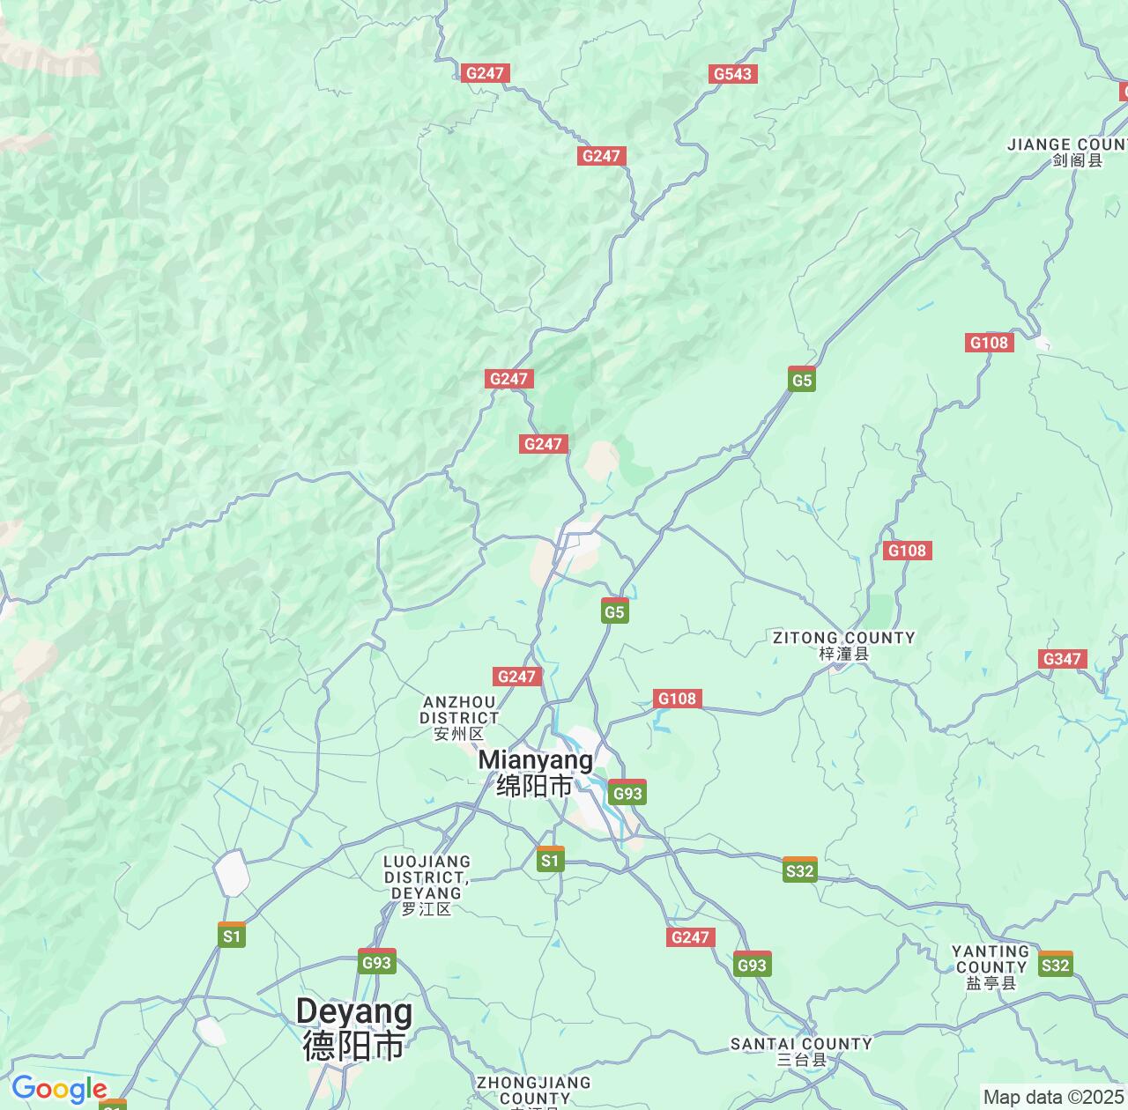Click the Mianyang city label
pyautogui.click(x=535, y=772)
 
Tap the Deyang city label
pyautogui.click(x=353, y=1028)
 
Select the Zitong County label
pyautogui.click(x=843, y=644)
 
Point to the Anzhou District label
pyautogui.click(x=459, y=717)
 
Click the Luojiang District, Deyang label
pyautogui.click(x=427, y=884)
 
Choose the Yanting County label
pyautogui.click(x=991, y=966)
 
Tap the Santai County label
pyautogui.click(x=801, y=1051)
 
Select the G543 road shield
pyautogui.click(x=732, y=74)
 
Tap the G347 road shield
pyautogui.click(x=1063, y=659)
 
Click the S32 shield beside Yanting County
pyautogui.click(x=1055, y=965)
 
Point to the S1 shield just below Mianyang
pyautogui.click(x=551, y=860)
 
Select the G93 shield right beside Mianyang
pyautogui.click(x=627, y=792)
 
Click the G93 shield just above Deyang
pyautogui.click(x=376, y=961)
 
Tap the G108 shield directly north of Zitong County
pyautogui.click(x=907, y=551)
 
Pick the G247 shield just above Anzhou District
pyautogui.click(x=516, y=676)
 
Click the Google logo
pyautogui.click(x=58, y=1090)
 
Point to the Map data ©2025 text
pyautogui.click(x=1053, y=1098)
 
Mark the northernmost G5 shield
pyautogui.click(x=801, y=379)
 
